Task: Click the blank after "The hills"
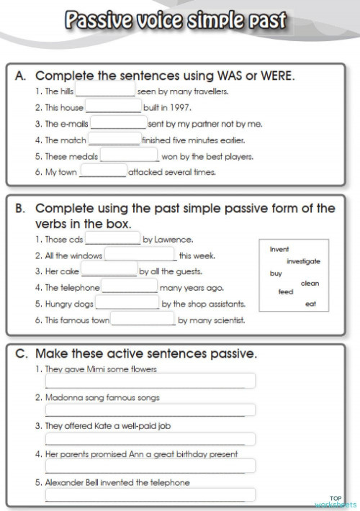(105, 92)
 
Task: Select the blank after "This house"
(114, 108)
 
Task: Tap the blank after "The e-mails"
(119, 124)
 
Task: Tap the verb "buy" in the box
(275, 273)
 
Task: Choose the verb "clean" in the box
(309, 284)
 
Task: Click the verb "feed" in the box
(286, 292)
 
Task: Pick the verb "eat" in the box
(311, 304)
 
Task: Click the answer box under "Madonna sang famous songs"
(150, 410)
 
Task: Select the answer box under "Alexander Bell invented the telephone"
(150, 495)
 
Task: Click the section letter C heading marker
(20, 354)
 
